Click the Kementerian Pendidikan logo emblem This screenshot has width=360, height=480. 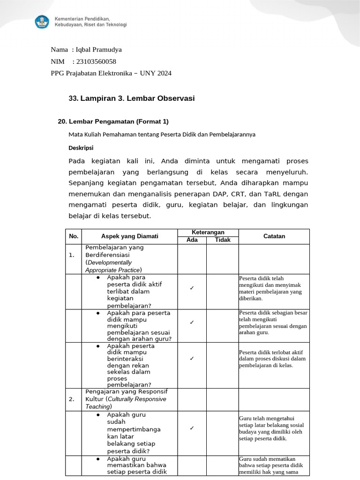41,21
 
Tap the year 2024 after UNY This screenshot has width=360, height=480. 164,73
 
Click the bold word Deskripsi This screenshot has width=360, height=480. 81,148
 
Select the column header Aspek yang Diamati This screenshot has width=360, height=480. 130,236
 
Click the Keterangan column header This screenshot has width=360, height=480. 208,232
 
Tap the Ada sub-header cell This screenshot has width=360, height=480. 192,240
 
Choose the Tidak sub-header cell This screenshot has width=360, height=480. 223,240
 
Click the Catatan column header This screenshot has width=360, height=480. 274,236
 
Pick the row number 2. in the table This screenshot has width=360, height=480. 72,399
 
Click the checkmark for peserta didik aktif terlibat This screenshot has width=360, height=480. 192,288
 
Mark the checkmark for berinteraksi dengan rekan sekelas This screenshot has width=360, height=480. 192,359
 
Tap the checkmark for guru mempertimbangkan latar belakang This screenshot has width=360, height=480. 192,428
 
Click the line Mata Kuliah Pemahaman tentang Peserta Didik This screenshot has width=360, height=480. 162,135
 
